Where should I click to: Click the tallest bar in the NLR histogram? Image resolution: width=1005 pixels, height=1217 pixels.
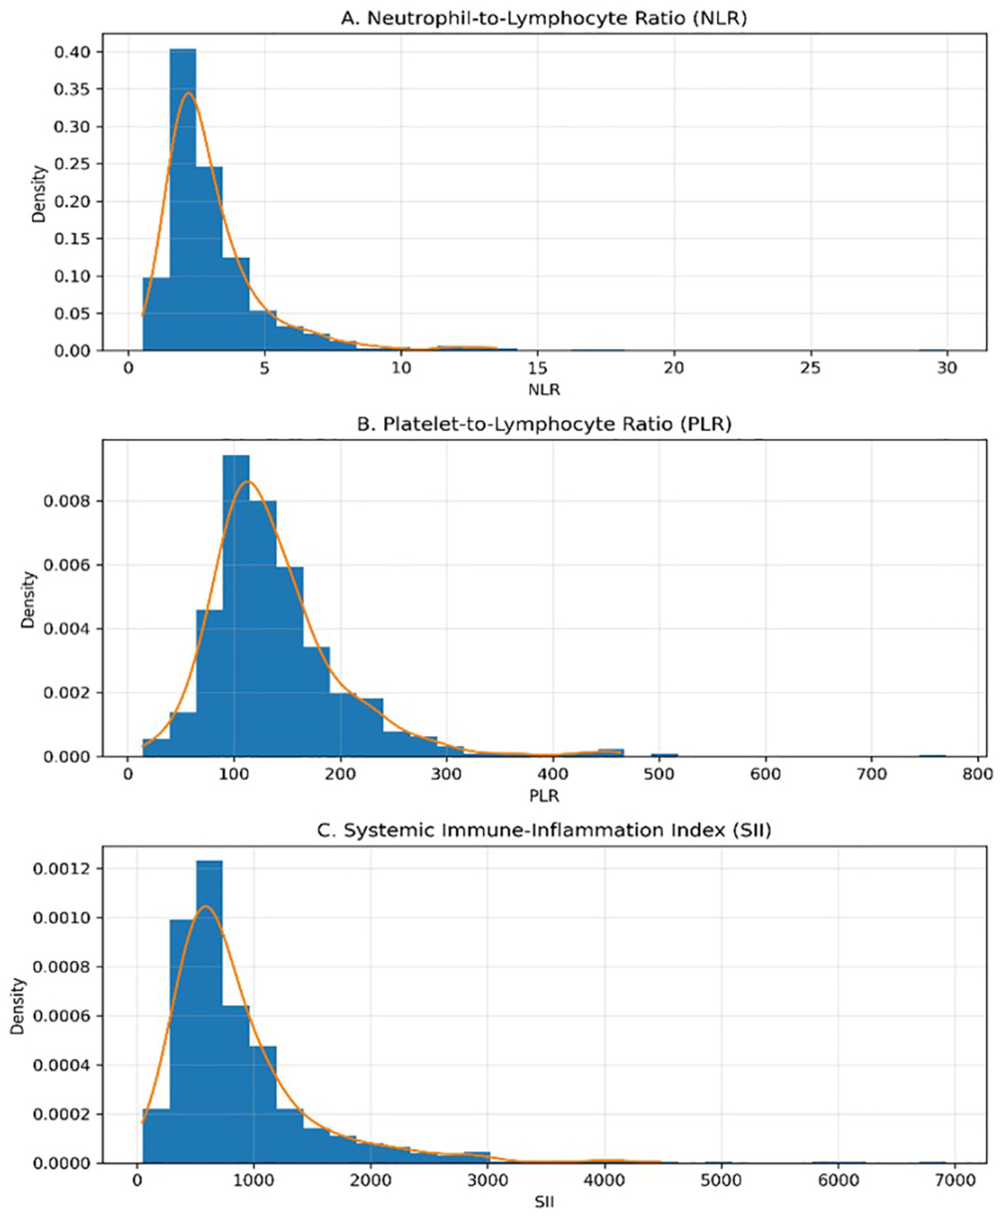(183, 199)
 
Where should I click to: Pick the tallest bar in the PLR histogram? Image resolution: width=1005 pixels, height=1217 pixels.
(236, 606)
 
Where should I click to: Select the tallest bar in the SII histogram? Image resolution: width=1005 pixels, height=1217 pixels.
(209, 1012)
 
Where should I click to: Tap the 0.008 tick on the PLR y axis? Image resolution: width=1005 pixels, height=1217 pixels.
(67, 501)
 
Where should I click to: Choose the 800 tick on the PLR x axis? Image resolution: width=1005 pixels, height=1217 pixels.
(978, 774)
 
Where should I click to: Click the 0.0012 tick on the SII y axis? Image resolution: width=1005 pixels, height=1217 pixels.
(61, 868)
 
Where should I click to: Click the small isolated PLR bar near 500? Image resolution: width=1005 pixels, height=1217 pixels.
(665, 755)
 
